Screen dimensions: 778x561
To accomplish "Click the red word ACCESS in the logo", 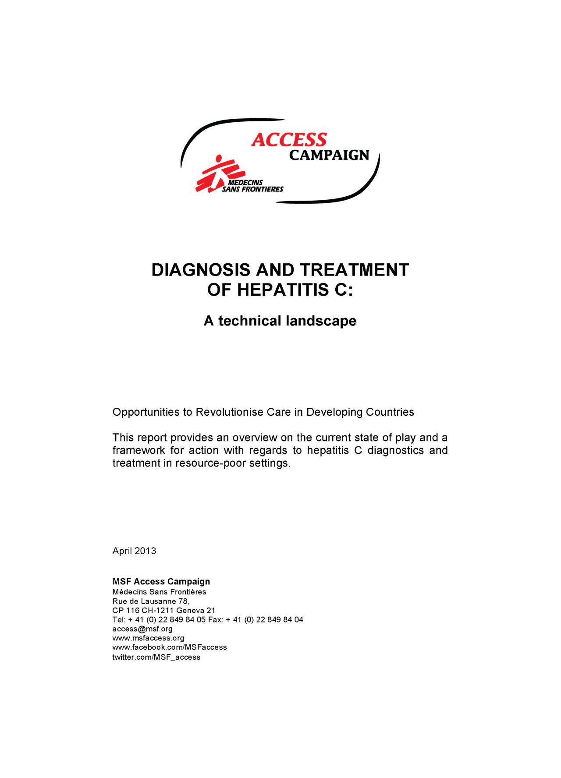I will pos(289,140).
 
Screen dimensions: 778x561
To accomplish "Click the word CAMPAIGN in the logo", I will pos(329,155).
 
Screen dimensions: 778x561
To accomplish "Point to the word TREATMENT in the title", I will pos(355,270).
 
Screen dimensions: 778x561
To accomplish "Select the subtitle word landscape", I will pos(321,321).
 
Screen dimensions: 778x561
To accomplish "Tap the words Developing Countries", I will pos(360,412).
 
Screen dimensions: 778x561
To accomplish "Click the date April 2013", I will pos(134,551).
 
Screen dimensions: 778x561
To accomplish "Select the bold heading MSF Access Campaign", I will pos(161,581).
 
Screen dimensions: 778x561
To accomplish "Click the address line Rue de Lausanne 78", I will pos(151,601).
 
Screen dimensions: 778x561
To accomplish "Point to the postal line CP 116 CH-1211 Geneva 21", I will pos(164,610).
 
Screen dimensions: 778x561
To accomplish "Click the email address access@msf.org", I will pos(142,629).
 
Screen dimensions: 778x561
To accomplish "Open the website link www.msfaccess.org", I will pos(148,638).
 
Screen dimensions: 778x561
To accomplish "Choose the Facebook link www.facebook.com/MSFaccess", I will pos(170,647).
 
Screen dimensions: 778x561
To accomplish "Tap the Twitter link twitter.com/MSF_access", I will pos(156,657).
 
